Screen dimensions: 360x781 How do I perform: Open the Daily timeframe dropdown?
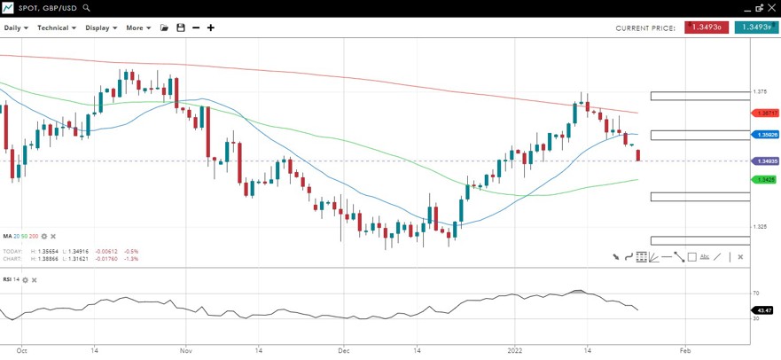(x=16, y=27)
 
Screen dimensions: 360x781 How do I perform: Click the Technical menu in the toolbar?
(x=56, y=27)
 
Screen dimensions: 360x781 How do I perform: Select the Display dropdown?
(x=100, y=27)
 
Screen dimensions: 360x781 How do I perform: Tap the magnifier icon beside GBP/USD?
(x=86, y=8)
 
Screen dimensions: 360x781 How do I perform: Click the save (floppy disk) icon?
(x=181, y=27)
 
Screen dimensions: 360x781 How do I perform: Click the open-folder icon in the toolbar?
(x=164, y=27)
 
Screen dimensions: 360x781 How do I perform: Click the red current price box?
(x=707, y=27)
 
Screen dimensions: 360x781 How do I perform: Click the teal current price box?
(x=755, y=27)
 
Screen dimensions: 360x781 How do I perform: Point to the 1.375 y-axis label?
(x=760, y=91)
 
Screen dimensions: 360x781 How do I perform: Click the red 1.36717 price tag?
(x=765, y=113)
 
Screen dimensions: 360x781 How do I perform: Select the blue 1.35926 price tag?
(x=765, y=135)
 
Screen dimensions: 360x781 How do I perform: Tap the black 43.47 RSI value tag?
(x=762, y=310)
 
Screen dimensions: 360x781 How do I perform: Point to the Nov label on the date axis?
(x=186, y=350)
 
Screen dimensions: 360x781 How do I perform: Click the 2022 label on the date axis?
(x=513, y=350)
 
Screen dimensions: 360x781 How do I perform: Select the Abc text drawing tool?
(x=705, y=257)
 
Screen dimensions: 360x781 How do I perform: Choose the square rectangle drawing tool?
(x=691, y=257)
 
